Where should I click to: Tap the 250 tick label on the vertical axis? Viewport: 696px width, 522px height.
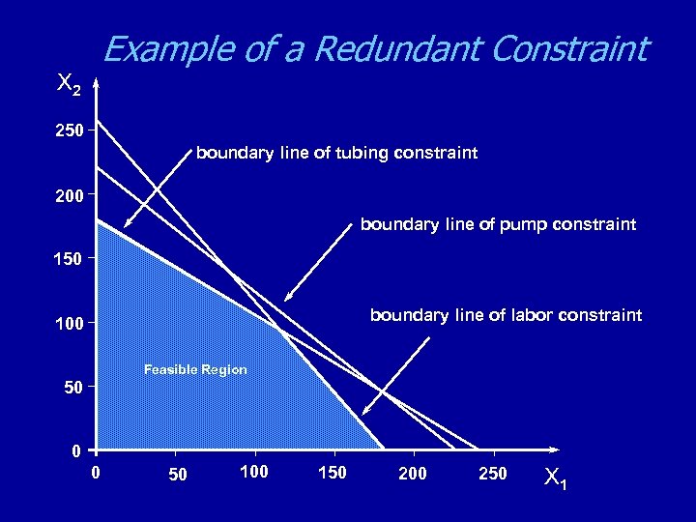(69, 129)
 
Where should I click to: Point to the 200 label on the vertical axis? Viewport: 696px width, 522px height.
(69, 193)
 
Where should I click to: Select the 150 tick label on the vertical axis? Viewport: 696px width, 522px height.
(69, 258)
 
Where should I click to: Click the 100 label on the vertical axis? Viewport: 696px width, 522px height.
(69, 322)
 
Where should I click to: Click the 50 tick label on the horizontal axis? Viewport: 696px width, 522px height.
(177, 475)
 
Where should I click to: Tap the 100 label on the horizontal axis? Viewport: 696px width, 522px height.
(254, 473)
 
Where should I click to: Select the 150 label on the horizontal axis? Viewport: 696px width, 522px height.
(333, 473)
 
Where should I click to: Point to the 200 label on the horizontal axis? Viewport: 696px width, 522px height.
(413, 473)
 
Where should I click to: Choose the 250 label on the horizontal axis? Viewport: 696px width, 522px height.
(492, 473)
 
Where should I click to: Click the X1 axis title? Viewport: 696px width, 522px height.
(556, 478)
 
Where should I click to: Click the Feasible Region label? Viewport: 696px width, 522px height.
(195, 369)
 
